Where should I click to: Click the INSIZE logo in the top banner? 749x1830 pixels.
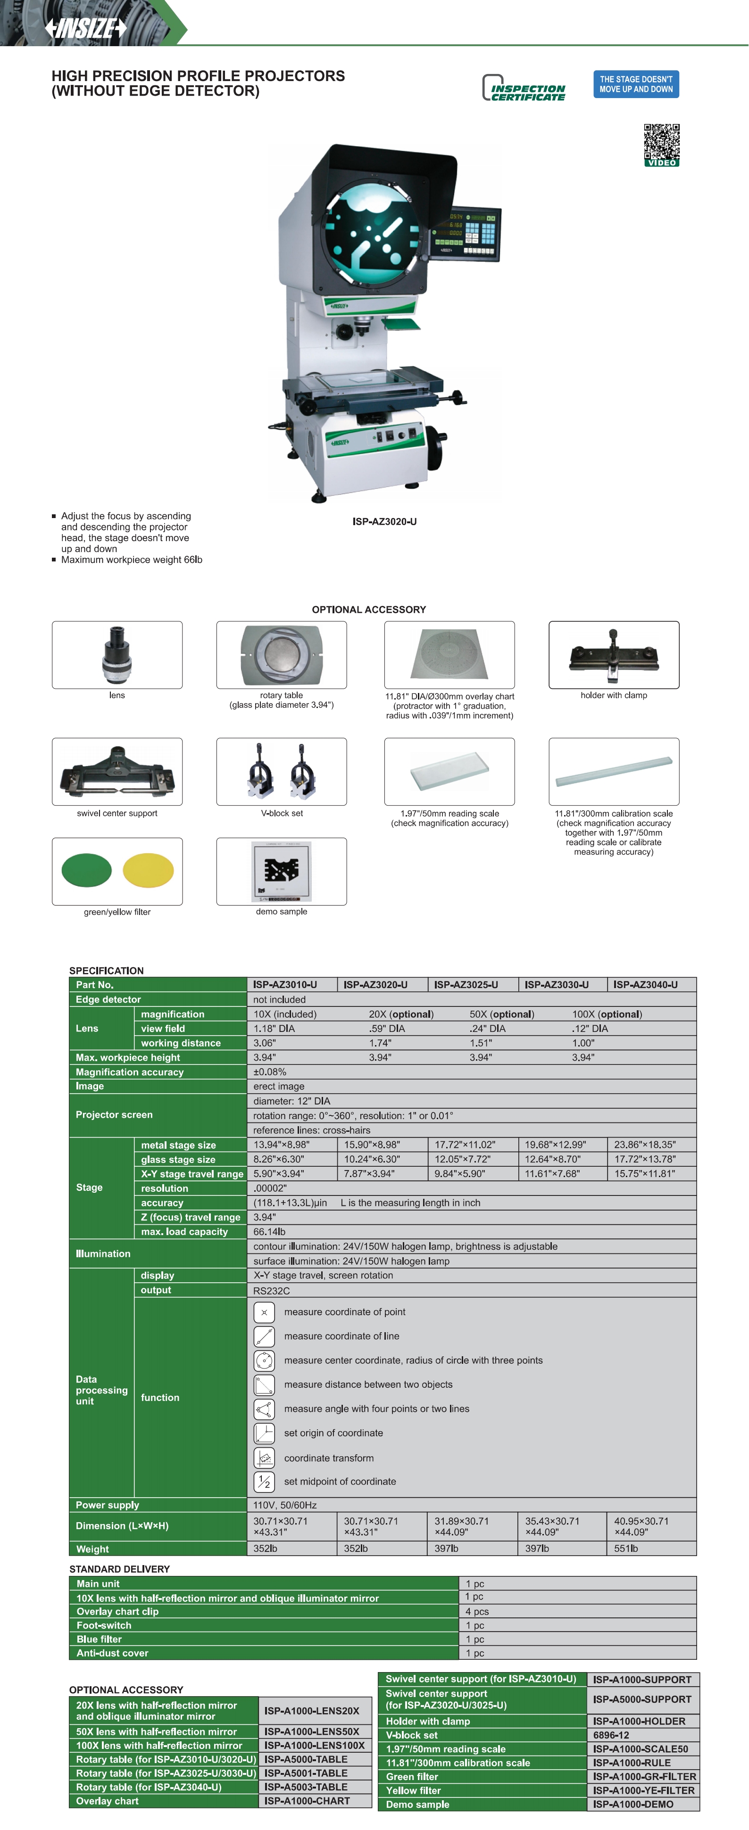[85, 28]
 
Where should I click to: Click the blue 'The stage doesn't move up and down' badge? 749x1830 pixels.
[636, 84]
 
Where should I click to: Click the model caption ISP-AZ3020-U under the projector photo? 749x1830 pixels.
[384, 521]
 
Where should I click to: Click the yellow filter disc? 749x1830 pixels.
[148, 870]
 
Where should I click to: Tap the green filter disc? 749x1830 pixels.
[87, 870]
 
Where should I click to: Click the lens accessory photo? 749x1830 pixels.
[117, 654]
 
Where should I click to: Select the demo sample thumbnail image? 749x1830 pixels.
[282, 871]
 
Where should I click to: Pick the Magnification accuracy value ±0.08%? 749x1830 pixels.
[270, 1072]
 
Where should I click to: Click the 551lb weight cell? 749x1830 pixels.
[626, 1549]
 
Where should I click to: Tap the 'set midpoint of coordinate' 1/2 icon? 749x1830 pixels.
[264, 1481]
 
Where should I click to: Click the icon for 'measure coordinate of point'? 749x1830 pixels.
[264, 1311]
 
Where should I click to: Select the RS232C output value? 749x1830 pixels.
[272, 1290]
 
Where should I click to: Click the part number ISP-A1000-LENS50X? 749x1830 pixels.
[312, 1731]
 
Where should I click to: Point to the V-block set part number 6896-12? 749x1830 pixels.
[611, 1735]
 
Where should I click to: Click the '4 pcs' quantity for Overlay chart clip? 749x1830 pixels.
[477, 1611]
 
